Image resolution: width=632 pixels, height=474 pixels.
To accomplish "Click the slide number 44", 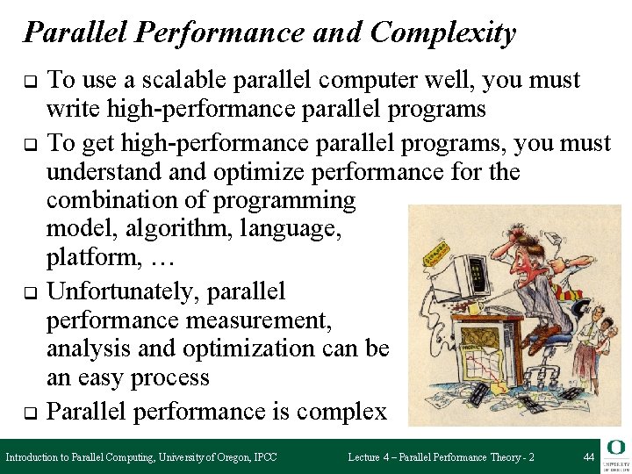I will (588, 457).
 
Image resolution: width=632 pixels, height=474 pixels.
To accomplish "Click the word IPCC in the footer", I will (261, 457).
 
